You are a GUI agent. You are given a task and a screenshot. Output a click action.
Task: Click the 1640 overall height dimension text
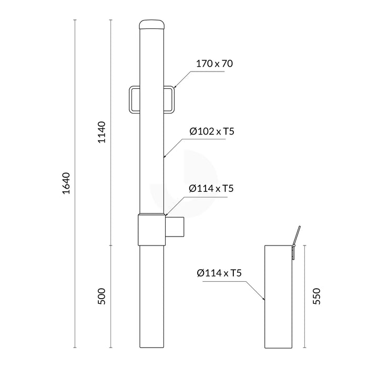66,183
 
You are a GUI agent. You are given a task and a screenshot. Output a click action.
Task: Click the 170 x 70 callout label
214,64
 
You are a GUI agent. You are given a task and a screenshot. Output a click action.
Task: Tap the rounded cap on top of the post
152,25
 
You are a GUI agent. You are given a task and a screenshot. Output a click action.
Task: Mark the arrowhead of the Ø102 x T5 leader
166,156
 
